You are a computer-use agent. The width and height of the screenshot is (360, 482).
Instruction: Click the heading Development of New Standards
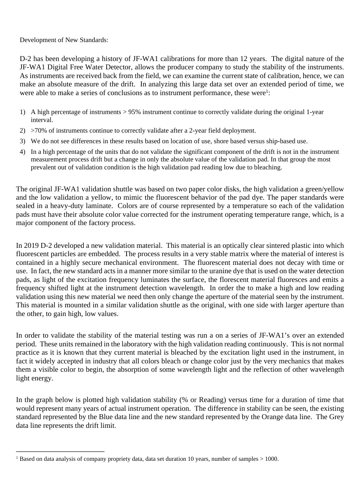pyautogui.click(x=64, y=40)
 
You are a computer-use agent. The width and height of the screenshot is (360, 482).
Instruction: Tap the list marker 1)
pyautogui.click(x=22, y=112)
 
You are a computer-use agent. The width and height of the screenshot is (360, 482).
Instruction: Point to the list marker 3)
pyautogui.click(x=22, y=141)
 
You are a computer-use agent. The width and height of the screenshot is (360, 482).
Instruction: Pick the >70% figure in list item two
pyautogui.click(x=39, y=131)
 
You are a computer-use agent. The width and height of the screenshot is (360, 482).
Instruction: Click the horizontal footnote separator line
pyautogui.click(x=60, y=451)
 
